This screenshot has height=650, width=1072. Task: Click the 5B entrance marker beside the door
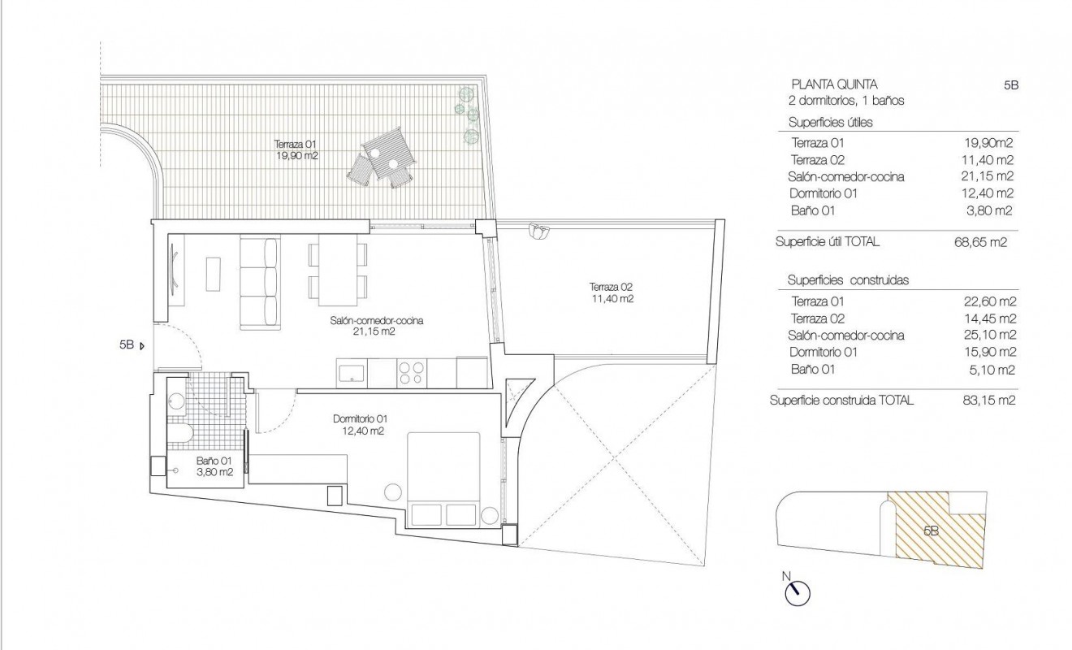click(x=130, y=344)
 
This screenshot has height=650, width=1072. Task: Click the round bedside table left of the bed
click(x=393, y=492)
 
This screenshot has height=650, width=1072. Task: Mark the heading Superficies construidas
click(x=847, y=280)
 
